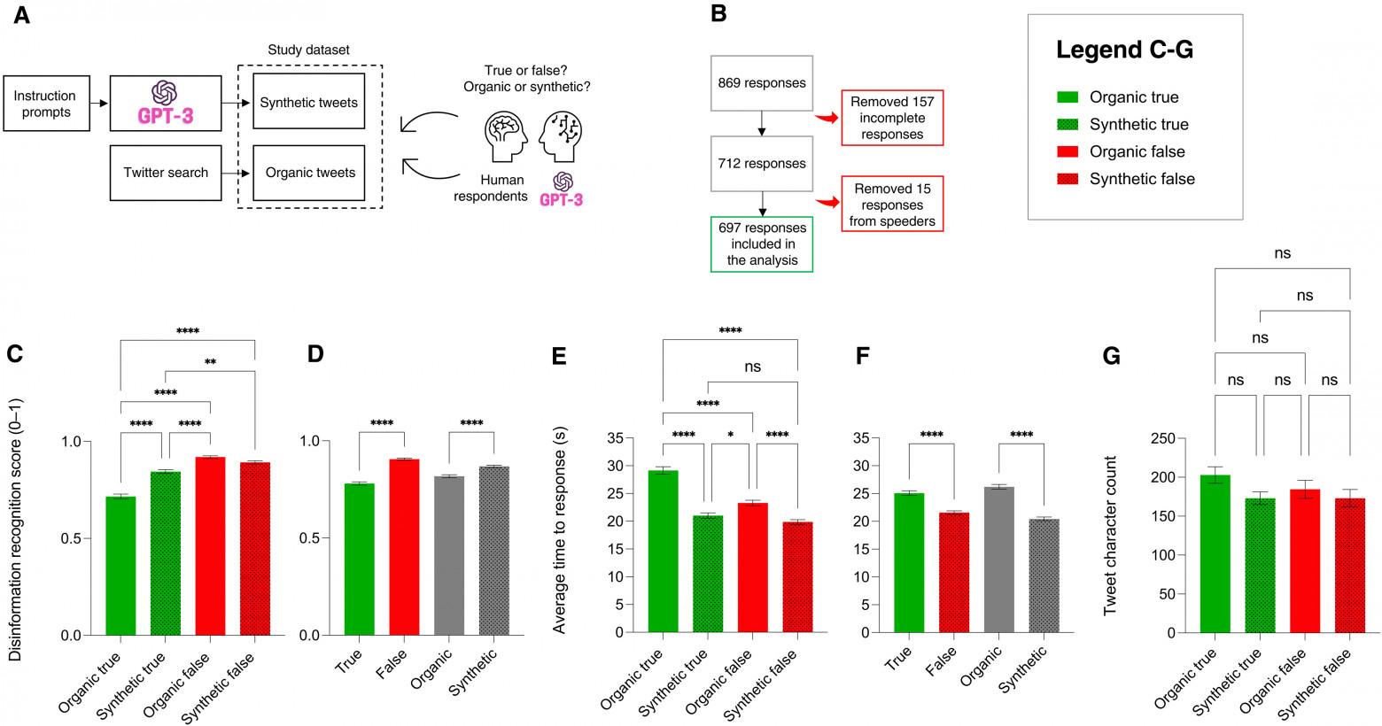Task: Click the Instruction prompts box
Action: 46,104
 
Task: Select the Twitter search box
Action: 166,173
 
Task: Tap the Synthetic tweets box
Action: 308,103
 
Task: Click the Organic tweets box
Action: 309,173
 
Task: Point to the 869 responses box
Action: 762,83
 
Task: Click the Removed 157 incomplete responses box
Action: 892,118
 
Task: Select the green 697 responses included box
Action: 762,243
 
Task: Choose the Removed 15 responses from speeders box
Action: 892,205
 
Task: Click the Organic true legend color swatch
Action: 1068,97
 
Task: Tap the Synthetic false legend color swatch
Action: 1068,179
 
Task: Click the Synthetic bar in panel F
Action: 1044,575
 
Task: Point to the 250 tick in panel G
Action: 1162,438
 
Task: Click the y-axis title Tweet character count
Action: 1110,536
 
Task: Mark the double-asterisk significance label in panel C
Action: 210,362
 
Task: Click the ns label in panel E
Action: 752,367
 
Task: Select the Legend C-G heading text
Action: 1124,50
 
